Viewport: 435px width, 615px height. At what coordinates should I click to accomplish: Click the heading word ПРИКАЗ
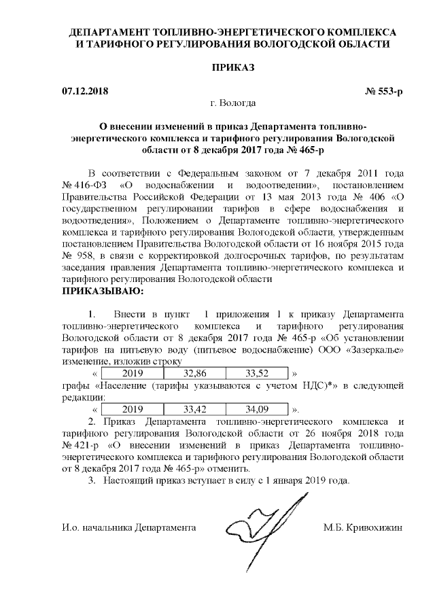(233, 69)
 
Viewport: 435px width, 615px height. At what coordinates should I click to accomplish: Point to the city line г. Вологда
(233, 103)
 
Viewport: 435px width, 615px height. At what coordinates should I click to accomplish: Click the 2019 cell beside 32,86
(133, 373)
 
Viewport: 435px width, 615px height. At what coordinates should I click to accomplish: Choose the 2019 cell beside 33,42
(133, 409)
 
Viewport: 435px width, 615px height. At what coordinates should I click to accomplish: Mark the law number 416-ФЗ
(87, 185)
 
